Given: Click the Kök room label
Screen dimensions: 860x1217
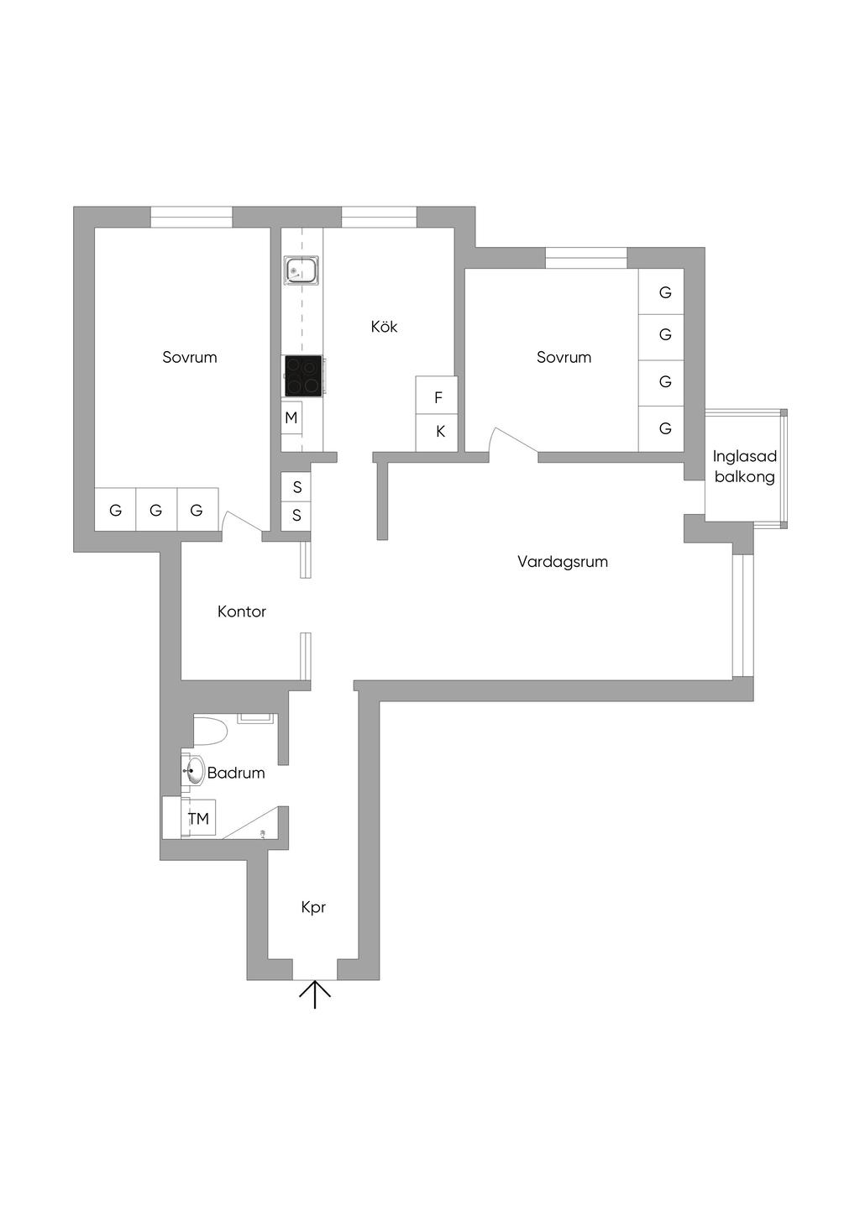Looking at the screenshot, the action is (384, 327).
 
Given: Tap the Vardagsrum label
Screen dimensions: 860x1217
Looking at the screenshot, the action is (563, 562).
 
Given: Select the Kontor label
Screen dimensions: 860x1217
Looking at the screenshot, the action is (242, 611).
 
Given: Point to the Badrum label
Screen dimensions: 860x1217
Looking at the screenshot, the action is (236, 774).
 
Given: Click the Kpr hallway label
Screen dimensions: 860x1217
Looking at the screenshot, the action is (313, 908).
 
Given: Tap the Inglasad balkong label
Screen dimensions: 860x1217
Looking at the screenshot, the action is (744, 467).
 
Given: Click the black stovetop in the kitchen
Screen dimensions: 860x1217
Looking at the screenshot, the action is (303, 375).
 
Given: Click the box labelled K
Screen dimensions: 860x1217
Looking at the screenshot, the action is (436, 433).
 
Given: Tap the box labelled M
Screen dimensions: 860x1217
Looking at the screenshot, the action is (291, 417).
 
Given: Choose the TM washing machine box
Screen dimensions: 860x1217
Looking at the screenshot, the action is (198, 817).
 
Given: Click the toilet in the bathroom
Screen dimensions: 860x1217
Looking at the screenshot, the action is (210, 731).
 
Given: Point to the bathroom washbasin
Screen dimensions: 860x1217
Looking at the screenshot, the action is (192, 770).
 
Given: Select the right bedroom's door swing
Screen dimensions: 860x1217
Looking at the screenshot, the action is (512, 439).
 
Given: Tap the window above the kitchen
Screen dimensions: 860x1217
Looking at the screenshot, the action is (380, 217).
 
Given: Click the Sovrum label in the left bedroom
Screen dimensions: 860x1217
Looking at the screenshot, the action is (190, 358).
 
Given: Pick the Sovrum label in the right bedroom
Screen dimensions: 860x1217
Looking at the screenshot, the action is (564, 358).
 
